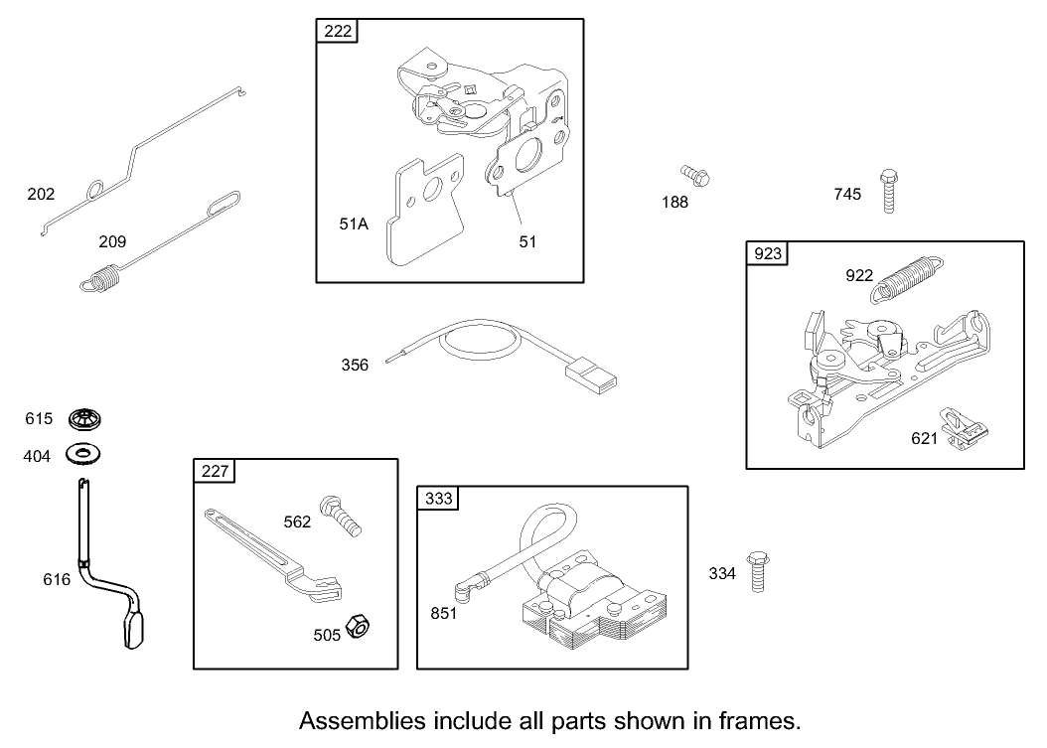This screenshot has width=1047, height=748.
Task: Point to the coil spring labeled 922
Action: pyautogui.click(x=907, y=273)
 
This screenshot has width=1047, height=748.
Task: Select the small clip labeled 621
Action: pyautogui.click(x=969, y=430)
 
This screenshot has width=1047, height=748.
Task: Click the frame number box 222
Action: pyautogui.click(x=338, y=31)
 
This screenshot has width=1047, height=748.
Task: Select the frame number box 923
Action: pyautogui.click(x=768, y=254)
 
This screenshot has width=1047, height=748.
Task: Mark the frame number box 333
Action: pyautogui.click(x=438, y=499)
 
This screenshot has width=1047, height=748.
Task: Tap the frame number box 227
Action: pyautogui.click(x=214, y=472)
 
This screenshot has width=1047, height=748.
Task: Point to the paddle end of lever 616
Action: pyautogui.click(x=134, y=631)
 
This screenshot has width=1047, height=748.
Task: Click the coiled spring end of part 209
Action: pyautogui.click(x=100, y=278)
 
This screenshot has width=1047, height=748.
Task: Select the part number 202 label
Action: pyautogui.click(x=41, y=194)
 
